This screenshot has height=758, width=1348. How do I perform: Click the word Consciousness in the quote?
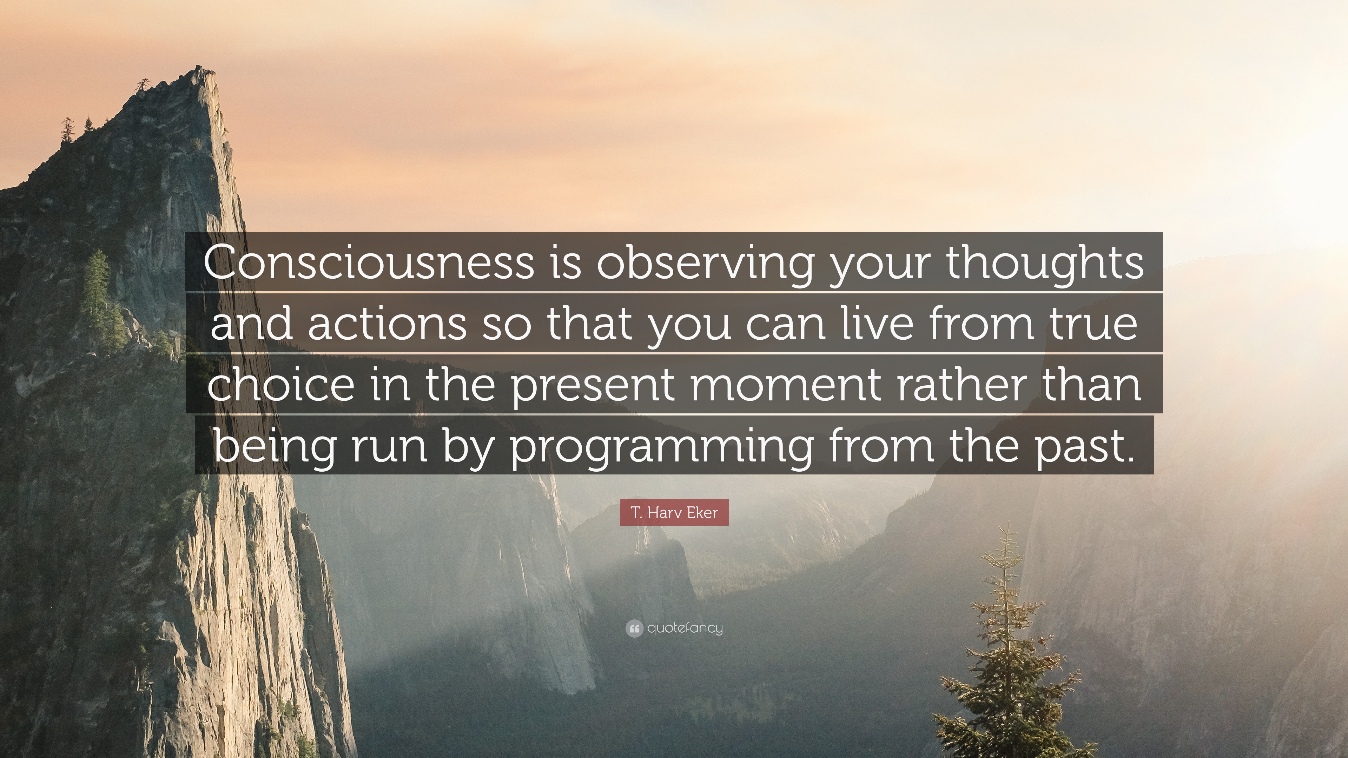point(369,261)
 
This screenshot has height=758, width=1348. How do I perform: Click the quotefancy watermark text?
point(685,628)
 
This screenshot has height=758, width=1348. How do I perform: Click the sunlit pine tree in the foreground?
point(1007,649)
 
